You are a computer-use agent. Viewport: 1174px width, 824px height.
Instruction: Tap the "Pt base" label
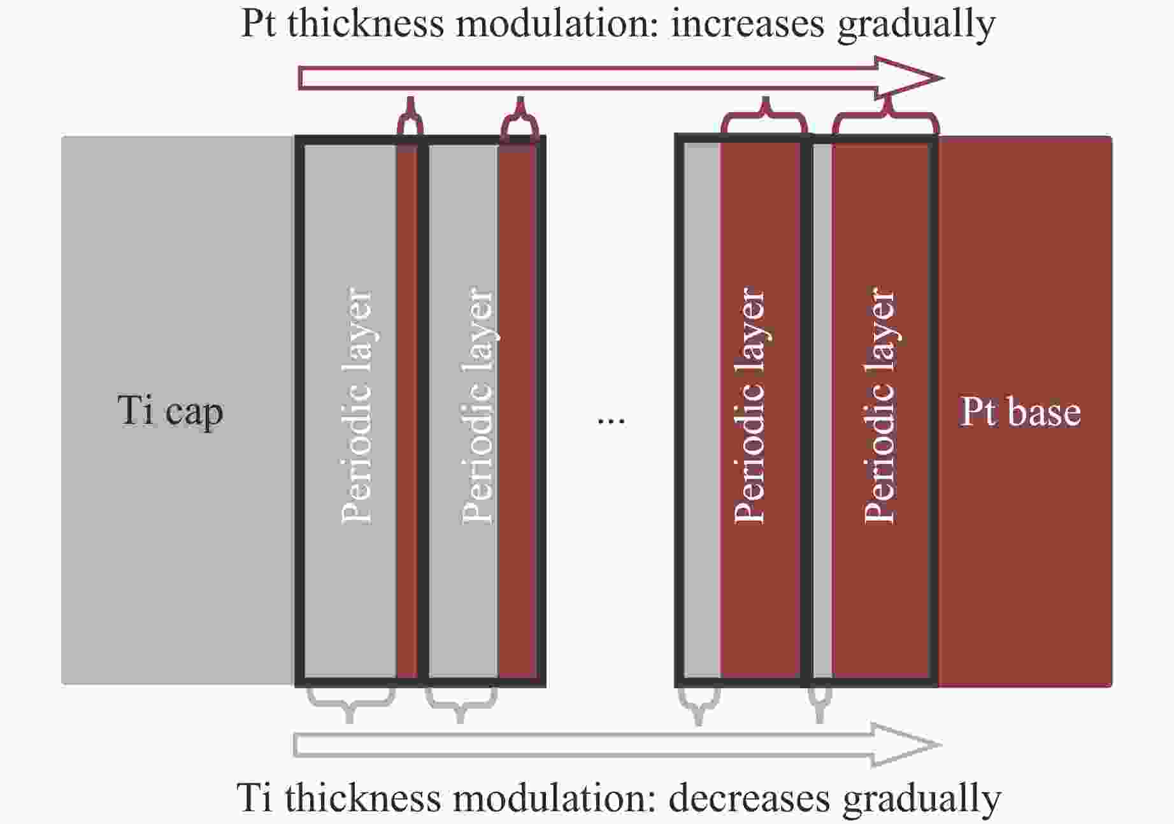click(1020, 412)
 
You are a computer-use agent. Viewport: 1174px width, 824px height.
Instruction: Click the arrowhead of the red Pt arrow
click(910, 78)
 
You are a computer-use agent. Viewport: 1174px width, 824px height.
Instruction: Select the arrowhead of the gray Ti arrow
click(907, 744)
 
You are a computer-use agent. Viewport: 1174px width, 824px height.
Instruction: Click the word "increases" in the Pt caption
click(748, 24)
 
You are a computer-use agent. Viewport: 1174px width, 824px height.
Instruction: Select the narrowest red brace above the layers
click(410, 116)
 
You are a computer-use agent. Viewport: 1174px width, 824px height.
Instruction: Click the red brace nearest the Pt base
click(885, 115)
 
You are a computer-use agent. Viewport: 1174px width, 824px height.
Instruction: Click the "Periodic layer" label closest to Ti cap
click(356, 406)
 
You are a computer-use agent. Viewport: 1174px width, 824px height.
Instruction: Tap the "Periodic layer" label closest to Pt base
click(879, 406)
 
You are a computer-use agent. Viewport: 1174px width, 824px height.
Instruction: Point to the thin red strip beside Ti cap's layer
click(407, 411)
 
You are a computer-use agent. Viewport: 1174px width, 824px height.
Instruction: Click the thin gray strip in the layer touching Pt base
click(822, 411)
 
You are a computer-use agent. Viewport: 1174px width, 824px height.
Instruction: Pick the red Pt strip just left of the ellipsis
click(517, 411)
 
